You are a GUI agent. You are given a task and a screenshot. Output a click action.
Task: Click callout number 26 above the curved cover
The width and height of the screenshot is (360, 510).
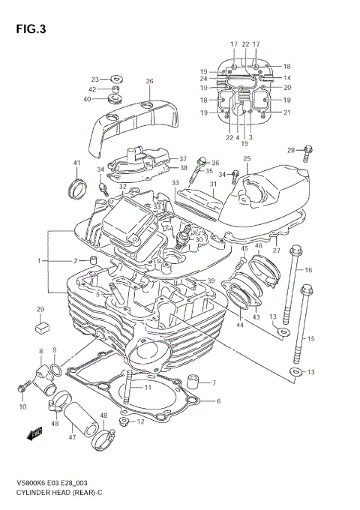point(149,81)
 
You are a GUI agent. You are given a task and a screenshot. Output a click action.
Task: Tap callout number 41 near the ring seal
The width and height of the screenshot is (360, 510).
point(76,163)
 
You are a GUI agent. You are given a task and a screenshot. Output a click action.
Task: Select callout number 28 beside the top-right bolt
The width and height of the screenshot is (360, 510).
point(291,150)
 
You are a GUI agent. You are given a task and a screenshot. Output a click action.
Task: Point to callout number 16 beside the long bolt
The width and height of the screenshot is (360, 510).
point(307,270)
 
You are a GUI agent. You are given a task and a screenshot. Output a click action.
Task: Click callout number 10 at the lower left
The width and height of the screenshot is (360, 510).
point(22,407)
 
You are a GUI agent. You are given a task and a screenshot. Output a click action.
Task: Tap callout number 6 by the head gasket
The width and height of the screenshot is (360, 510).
point(218,401)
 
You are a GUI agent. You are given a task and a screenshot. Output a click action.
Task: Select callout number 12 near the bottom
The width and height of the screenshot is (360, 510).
point(140,422)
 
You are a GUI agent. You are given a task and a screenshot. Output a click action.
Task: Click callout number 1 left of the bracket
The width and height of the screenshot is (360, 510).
point(39,260)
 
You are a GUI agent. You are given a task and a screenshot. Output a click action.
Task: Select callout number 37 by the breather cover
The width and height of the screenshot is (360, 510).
point(182,159)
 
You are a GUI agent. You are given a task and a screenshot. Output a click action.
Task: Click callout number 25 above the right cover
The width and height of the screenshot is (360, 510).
point(246,159)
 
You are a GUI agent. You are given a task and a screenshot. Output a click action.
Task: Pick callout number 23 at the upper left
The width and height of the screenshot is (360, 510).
point(95,79)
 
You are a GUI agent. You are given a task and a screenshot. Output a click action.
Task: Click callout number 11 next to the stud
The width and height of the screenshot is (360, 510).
point(148,387)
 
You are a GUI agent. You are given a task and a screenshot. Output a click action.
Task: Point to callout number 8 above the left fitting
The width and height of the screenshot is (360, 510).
point(40,351)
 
